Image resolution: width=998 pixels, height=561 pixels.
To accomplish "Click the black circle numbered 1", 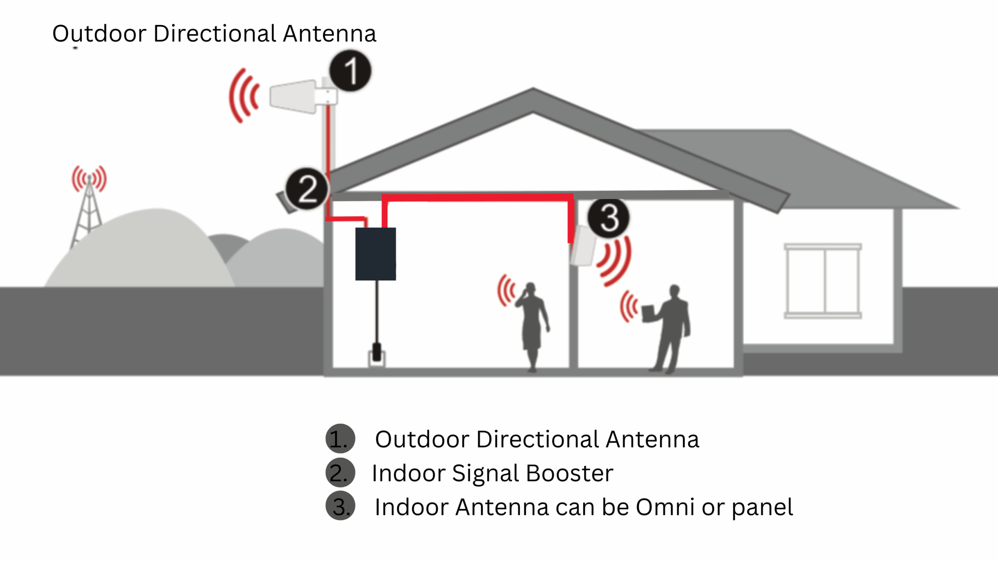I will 350,71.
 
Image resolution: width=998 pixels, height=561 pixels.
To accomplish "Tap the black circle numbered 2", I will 307,189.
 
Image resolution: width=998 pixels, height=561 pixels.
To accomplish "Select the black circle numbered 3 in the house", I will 608,218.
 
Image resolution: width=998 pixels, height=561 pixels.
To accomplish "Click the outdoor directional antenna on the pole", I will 293,96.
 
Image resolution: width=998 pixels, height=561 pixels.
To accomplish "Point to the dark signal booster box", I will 375,254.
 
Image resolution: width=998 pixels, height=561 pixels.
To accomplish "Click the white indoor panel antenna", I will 583,246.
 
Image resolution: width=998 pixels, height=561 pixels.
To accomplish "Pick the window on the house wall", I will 823,281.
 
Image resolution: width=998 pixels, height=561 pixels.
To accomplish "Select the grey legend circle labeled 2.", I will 340,473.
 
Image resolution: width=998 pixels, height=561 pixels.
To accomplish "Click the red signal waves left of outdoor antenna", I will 244,96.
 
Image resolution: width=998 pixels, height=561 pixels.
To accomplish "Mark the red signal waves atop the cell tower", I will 89,178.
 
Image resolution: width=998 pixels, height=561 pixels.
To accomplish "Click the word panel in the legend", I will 762,507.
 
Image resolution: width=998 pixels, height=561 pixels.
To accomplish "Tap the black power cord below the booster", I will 377,312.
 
